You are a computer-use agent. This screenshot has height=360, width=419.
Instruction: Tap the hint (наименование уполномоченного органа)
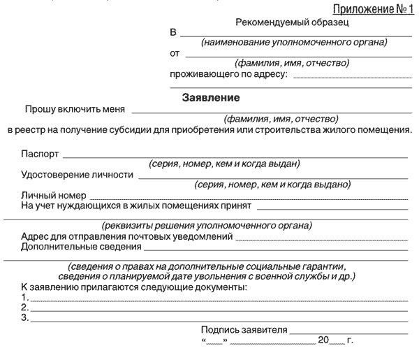click(x=294, y=43)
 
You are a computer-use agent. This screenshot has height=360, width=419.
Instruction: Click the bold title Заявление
click(x=210, y=97)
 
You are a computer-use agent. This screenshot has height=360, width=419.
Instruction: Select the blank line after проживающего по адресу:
click(x=353, y=76)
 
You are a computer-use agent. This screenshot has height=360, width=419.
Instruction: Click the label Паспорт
click(x=41, y=154)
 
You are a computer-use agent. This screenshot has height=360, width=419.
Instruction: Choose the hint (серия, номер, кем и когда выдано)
click(x=272, y=185)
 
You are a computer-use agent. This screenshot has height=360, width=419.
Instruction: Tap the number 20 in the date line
click(x=323, y=340)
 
